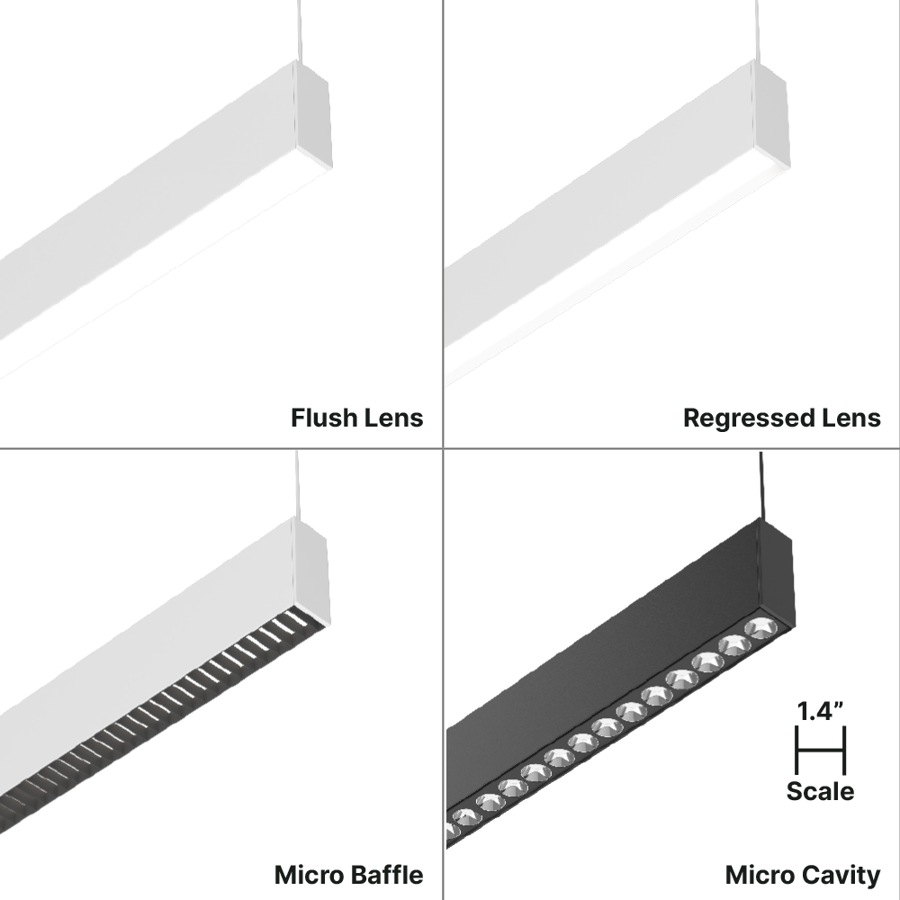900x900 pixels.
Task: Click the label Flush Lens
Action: click(356, 418)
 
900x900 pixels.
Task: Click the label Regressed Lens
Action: click(781, 418)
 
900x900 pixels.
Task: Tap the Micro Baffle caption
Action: click(348, 874)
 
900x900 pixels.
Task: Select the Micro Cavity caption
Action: click(802, 874)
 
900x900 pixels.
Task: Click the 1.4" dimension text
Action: click(820, 710)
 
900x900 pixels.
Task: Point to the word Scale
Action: click(820, 791)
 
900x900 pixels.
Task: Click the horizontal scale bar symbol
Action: click(820, 751)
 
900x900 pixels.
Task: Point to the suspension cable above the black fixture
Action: click(761, 486)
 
